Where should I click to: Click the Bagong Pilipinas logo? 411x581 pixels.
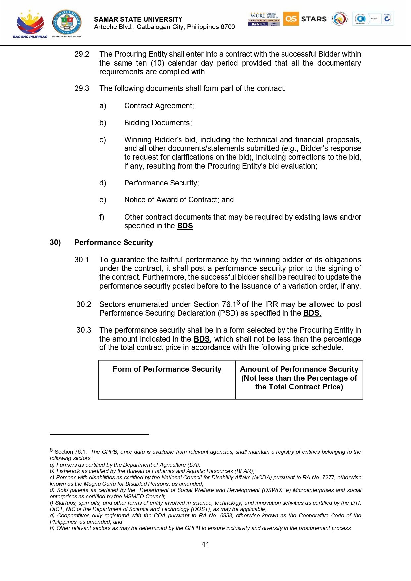click(30, 24)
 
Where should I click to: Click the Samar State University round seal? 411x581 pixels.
click(67, 23)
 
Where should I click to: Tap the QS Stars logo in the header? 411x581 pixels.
click(305, 19)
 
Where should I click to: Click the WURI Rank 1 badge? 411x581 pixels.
click(264, 19)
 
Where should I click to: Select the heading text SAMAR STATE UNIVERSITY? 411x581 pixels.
click(138, 19)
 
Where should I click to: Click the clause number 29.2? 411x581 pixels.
click(82, 54)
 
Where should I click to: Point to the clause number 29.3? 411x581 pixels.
click(82, 88)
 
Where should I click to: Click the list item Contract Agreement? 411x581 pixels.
click(159, 106)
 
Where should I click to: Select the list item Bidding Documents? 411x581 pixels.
click(158, 123)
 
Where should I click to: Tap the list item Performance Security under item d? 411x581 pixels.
click(161, 183)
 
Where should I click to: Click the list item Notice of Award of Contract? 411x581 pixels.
click(179, 200)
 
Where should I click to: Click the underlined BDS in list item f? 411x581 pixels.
click(185, 226)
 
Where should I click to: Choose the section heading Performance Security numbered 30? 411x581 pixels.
click(114, 242)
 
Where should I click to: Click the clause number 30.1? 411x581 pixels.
click(82, 260)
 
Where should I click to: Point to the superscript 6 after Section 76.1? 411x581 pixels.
click(238, 302)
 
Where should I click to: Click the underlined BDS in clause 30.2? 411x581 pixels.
click(312, 313)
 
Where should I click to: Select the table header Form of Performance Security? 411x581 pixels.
click(167, 369)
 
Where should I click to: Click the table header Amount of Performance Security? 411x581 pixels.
click(299, 369)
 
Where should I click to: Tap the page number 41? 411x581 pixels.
click(205, 544)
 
